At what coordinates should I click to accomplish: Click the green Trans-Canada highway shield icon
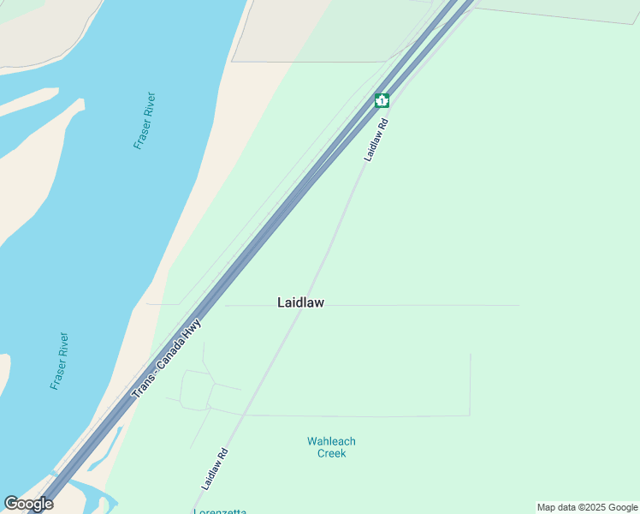(x=382, y=100)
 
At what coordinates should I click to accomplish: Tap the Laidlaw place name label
(x=300, y=302)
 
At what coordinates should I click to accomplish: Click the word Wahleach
(x=331, y=442)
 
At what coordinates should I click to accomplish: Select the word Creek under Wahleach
(x=331, y=454)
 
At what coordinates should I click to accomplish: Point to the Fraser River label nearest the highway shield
(x=145, y=121)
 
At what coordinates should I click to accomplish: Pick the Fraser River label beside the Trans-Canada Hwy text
(x=59, y=362)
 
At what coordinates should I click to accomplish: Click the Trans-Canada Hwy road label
(x=168, y=359)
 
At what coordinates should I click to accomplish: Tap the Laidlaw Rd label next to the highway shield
(x=376, y=140)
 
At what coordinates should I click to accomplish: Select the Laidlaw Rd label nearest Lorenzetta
(x=215, y=469)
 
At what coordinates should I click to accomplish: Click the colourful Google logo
(x=28, y=504)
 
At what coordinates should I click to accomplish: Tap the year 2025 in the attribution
(x=593, y=508)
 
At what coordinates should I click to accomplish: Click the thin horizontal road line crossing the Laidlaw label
(x=411, y=305)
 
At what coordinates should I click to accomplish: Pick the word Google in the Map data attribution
(x=622, y=508)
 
